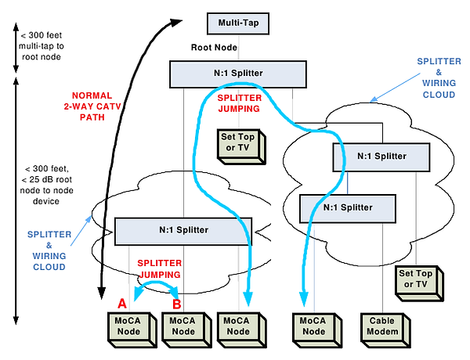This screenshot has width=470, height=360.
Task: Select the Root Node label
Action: [x=215, y=48]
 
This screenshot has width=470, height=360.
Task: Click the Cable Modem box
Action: [x=383, y=326]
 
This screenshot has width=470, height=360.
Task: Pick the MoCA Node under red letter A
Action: [x=127, y=326]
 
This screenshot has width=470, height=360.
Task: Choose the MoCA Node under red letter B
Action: [x=182, y=326]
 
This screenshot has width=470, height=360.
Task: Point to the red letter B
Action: [x=177, y=303]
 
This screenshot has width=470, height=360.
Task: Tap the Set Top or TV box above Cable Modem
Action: [x=418, y=279]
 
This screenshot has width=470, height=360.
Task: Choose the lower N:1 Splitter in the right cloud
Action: [x=348, y=207]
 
